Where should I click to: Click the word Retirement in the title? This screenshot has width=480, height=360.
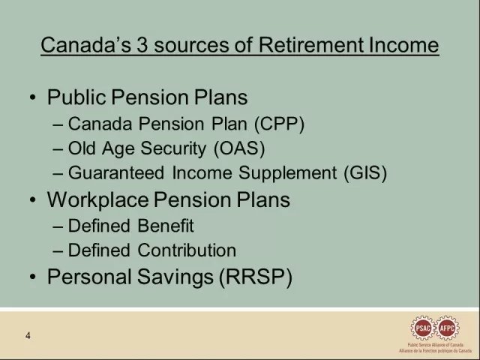point(311,45)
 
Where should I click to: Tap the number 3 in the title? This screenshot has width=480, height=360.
point(142,45)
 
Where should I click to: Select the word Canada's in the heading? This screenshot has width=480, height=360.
point(86,45)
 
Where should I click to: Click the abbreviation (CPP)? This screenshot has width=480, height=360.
point(280,124)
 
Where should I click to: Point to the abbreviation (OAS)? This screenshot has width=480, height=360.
point(239,148)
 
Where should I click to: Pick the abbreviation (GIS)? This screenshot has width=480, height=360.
point(365,173)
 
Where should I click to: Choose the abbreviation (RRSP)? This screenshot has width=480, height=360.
point(256,277)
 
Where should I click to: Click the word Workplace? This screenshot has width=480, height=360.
point(98,200)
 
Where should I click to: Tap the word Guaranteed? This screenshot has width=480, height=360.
point(116,173)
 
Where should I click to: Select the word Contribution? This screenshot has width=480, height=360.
point(187,250)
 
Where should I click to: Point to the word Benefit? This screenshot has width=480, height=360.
point(166,226)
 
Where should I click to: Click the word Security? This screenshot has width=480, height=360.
point(173,149)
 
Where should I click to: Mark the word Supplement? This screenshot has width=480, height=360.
point(288,173)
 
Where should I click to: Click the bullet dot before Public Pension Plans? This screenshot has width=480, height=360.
point(33,97)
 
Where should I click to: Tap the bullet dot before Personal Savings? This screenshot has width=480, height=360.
point(33,277)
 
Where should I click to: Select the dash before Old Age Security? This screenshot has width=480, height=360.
point(58,149)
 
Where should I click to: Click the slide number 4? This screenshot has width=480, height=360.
point(28,336)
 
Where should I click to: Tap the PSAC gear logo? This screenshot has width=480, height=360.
point(423,328)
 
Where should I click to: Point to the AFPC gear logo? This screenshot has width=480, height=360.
point(447,328)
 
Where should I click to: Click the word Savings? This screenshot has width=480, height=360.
point(175,277)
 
